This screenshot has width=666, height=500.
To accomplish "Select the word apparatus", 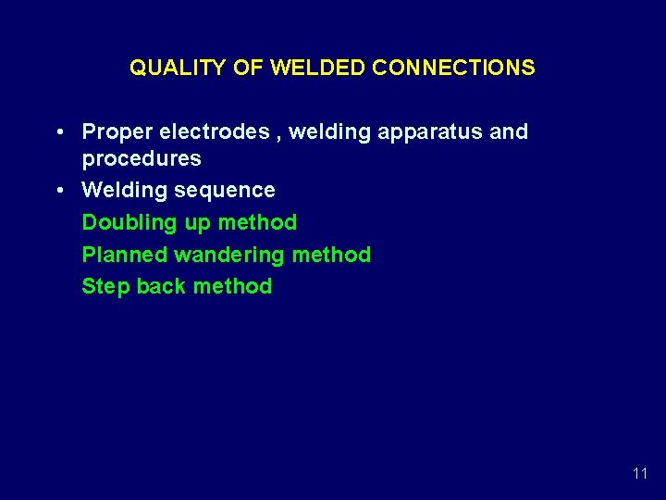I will (x=431, y=132).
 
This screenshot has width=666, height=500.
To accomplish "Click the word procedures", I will (x=142, y=158).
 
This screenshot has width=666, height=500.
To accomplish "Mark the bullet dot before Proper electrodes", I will (x=60, y=132).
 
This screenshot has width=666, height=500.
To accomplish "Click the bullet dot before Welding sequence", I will (x=60, y=191).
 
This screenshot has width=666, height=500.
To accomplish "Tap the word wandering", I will (x=227, y=255).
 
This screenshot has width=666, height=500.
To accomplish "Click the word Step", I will (x=105, y=286).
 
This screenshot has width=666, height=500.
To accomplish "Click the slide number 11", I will (x=639, y=473).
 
